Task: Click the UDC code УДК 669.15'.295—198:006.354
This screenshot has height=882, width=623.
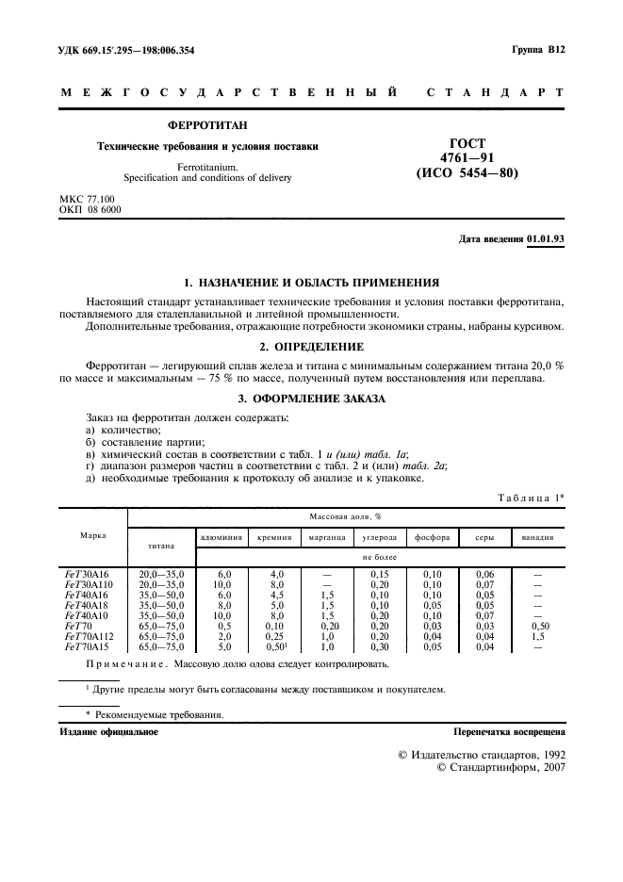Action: [127, 49]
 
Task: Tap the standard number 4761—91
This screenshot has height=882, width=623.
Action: [467, 157]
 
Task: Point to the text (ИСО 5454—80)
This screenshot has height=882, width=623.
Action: [467, 173]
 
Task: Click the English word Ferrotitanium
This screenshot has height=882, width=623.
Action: [208, 167]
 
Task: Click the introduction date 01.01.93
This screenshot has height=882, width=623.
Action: [546, 239]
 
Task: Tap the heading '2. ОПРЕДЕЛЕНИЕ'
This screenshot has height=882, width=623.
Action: [311, 345]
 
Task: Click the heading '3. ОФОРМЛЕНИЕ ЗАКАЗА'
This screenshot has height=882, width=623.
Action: [311, 400]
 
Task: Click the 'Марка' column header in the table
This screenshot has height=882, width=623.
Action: [93, 535]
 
